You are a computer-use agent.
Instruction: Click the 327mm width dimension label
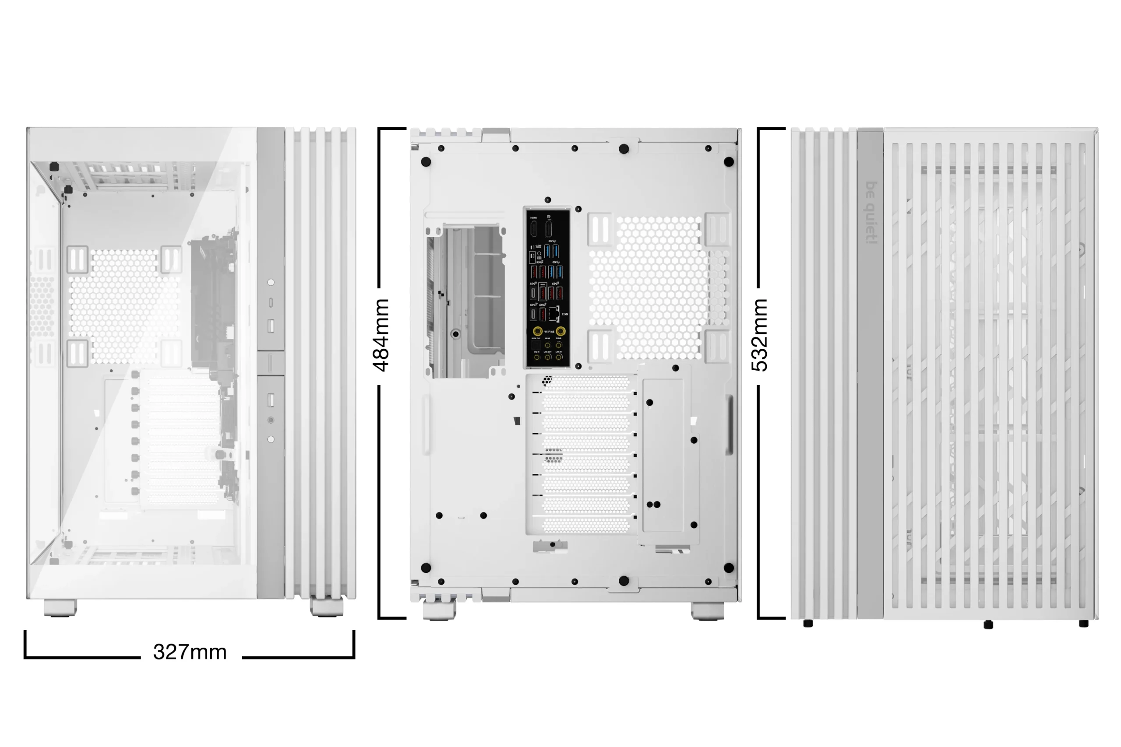click(190, 652)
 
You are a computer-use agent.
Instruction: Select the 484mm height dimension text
click(381, 335)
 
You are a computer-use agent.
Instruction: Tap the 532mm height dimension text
click(760, 335)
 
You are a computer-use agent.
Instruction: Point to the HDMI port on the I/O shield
click(534, 229)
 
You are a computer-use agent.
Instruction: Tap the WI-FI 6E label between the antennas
click(549, 332)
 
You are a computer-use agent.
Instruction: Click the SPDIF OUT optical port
click(536, 345)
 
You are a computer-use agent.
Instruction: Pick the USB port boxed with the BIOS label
click(543, 292)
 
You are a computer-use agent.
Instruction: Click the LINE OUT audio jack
click(548, 356)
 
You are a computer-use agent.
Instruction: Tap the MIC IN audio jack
click(537, 356)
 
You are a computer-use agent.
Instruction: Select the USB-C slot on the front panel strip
click(271, 302)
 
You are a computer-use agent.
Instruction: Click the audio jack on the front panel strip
click(271, 420)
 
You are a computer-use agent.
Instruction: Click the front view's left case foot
click(60, 608)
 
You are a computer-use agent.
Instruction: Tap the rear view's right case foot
click(707, 611)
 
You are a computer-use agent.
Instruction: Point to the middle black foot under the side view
click(988, 624)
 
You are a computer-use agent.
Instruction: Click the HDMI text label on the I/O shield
click(533, 218)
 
